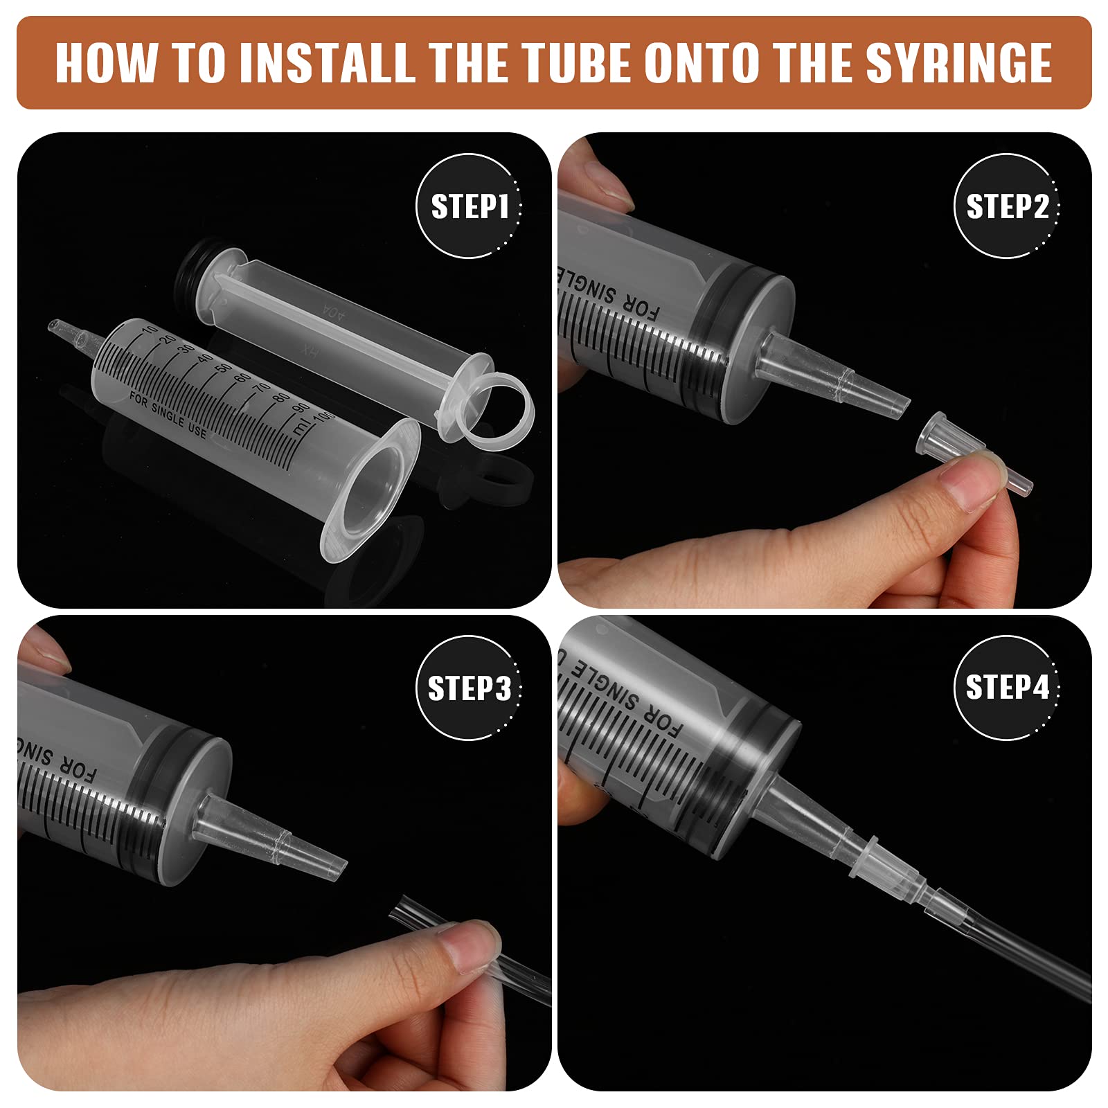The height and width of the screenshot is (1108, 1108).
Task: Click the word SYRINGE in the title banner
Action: point(958,63)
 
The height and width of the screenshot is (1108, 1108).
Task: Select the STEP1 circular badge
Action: point(469,206)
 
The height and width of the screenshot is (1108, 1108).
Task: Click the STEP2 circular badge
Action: point(1007,206)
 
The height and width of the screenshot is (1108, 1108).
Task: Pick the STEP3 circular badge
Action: point(469,688)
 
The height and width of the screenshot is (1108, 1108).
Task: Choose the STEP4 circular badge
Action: point(1007,688)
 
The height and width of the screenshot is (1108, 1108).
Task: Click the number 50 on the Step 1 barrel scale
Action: point(223,366)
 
